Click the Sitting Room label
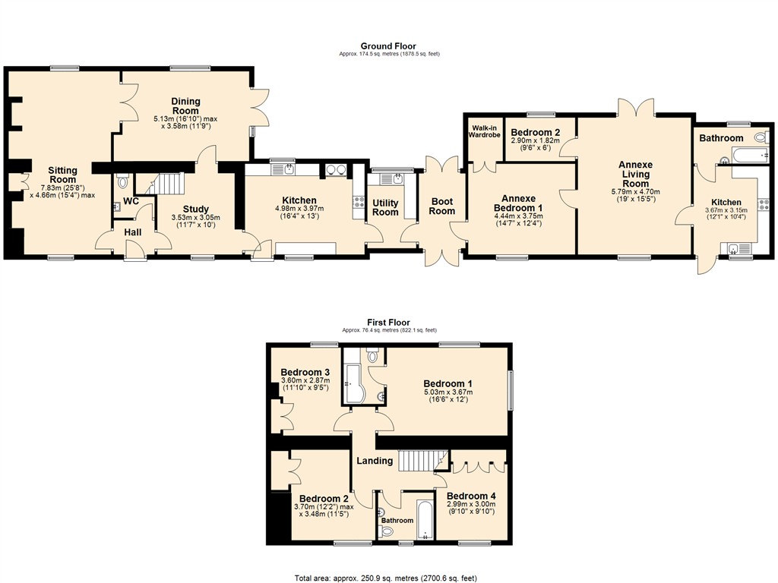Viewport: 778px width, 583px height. tap(62, 175)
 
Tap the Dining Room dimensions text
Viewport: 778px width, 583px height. tap(185, 122)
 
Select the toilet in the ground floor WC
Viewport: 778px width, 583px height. tap(122, 182)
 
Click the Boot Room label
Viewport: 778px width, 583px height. tap(441, 206)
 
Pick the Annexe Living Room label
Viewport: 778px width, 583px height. tap(636, 174)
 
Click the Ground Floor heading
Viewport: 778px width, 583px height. tap(388, 46)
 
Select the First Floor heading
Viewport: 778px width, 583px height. tap(388, 322)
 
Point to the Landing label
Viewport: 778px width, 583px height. tap(375, 461)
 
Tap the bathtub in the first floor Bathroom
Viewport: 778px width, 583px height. tap(425, 520)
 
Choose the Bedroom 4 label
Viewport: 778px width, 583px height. tap(471, 496)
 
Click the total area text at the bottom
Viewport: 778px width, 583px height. tap(385, 578)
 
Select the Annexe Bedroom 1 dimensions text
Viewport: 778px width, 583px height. tap(518, 219)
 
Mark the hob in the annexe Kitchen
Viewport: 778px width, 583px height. tap(763, 203)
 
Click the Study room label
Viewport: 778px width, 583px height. tap(195, 210)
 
